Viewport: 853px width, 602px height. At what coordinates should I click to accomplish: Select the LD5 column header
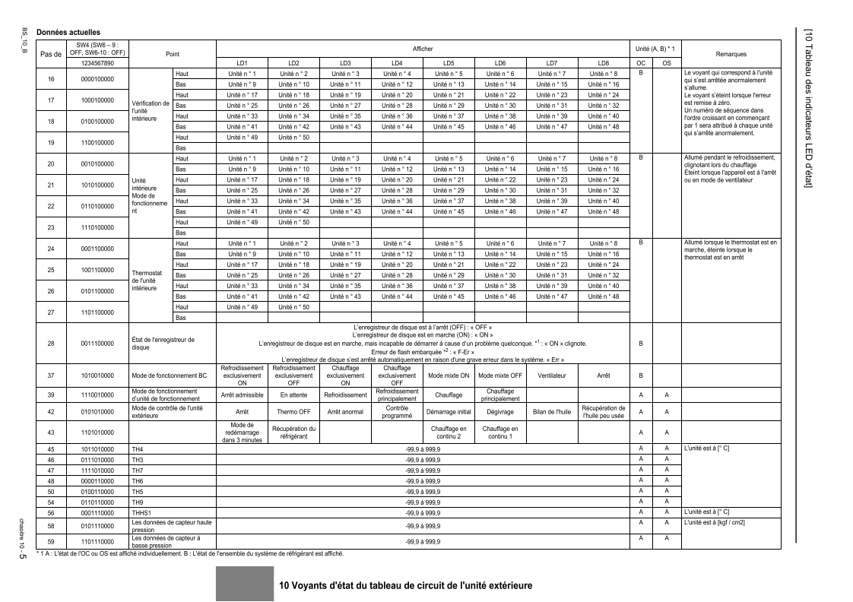click(x=449, y=62)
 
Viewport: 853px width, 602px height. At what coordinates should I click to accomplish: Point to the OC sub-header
click(x=641, y=62)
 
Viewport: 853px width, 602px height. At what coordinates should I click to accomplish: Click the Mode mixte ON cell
click(x=449, y=375)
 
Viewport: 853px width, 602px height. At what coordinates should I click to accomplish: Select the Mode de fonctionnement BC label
click(x=165, y=375)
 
